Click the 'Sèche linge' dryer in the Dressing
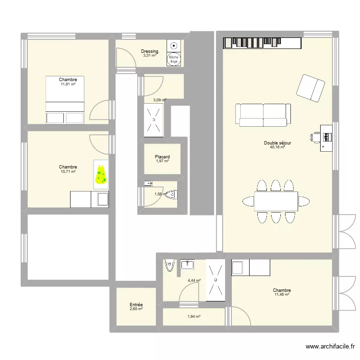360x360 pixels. click(x=174, y=60)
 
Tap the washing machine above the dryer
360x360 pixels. click(x=174, y=46)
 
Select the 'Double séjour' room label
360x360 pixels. click(x=277, y=143)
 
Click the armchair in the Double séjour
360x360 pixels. click(x=311, y=88)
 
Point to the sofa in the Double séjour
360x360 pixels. click(x=263, y=114)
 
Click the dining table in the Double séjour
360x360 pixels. click(x=276, y=201)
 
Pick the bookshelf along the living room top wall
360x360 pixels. click(x=262, y=43)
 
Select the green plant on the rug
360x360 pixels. click(x=101, y=175)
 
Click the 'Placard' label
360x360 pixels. click(x=162, y=157)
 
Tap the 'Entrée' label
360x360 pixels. click(x=136, y=305)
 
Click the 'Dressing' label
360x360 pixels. click(x=149, y=51)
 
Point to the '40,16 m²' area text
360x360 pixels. click(x=277, y=147)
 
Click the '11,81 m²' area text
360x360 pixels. click(x=68, y=84)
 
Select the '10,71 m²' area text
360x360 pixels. click(x=68, y=171)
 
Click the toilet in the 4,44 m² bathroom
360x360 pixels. click(x=169, y=265)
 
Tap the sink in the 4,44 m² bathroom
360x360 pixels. click(x=187, y=264)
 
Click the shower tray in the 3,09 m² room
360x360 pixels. click(x=154, y=119)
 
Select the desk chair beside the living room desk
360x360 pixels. click(x=315, y=137)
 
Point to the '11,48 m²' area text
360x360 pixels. click(x=282, y=295)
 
